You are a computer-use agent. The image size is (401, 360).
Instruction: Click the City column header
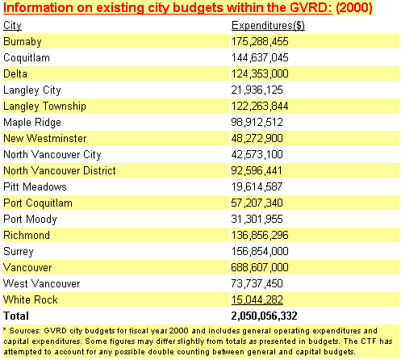click(x=12, y=26)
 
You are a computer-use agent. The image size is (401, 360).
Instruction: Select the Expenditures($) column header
click(x=268, y=26)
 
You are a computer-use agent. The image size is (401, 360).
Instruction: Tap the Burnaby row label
click(x=23, y=42)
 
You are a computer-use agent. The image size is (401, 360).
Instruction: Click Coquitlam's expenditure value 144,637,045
click(x=260, y=57)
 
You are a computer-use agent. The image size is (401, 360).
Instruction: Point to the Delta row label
click(x=15, y=73)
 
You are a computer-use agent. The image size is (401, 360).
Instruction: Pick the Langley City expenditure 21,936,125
click(x=257, y=90)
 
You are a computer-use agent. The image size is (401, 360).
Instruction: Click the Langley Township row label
click(x=44, y=107)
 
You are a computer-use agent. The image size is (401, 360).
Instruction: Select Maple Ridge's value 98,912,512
click(x=257, y=122)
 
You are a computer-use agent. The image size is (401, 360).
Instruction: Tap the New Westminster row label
click(x=45, y=138)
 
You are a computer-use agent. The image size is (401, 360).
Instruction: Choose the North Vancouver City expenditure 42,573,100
click(x=257, y=154)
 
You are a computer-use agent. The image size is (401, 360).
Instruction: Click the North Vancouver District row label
click(x=60, y=170)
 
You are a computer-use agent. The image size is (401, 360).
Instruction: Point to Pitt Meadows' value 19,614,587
click(x=257, y=186)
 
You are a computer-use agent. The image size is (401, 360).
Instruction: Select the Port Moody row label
click(x=30, y=220)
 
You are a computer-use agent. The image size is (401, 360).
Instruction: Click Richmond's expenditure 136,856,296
click(x=260, y=235)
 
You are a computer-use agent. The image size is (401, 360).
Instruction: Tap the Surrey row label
click(x=19, y=252)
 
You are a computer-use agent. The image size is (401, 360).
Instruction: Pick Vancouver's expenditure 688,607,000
click(x=260, y=267)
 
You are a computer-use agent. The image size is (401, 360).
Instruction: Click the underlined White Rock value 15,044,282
click(x=257, y=299)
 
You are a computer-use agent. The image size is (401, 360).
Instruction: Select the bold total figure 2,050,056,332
click(x=265, y=316)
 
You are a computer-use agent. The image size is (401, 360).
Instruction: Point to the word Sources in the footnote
click(x=25, y=331)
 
